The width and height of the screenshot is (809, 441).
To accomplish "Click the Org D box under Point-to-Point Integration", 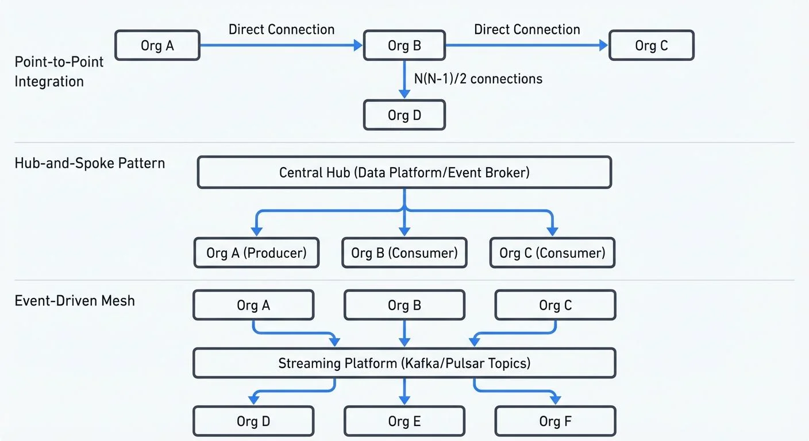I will click(x=404, y=115).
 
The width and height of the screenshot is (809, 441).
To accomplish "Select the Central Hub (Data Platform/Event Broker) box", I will click(x=404, y=172).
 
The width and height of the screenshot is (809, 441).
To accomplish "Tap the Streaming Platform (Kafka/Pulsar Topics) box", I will click(x=404, y=363).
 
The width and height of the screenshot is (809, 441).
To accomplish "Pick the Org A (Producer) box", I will click(x=256, y=253).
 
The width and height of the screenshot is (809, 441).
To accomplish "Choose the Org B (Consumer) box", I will click(x=404, y=253).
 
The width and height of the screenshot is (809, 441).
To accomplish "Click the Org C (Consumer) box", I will click(x=552, y=253).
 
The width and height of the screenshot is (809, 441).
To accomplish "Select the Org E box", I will click(x=404, y=421).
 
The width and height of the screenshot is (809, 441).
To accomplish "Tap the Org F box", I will click(x=555, y=421).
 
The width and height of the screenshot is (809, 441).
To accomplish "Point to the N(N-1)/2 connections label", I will click(x=478, y=79).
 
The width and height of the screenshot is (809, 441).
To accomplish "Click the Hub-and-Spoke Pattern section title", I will click(x=90, y=163).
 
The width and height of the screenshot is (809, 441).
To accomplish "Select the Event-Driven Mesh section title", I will click(x=75, y=300).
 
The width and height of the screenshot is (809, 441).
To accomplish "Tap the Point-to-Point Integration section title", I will click(x=59, y=72).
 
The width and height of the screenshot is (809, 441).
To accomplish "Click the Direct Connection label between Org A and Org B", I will click(x=282, y=29).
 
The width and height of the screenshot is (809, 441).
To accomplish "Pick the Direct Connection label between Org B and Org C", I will click(x=527, y=29).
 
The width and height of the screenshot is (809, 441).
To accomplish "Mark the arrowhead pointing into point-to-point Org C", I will click(x=603, y=45).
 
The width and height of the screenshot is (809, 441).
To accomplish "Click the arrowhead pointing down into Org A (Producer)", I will click(x=257, y=231).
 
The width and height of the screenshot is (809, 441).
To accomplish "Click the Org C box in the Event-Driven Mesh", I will click(x=555, y=305).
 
